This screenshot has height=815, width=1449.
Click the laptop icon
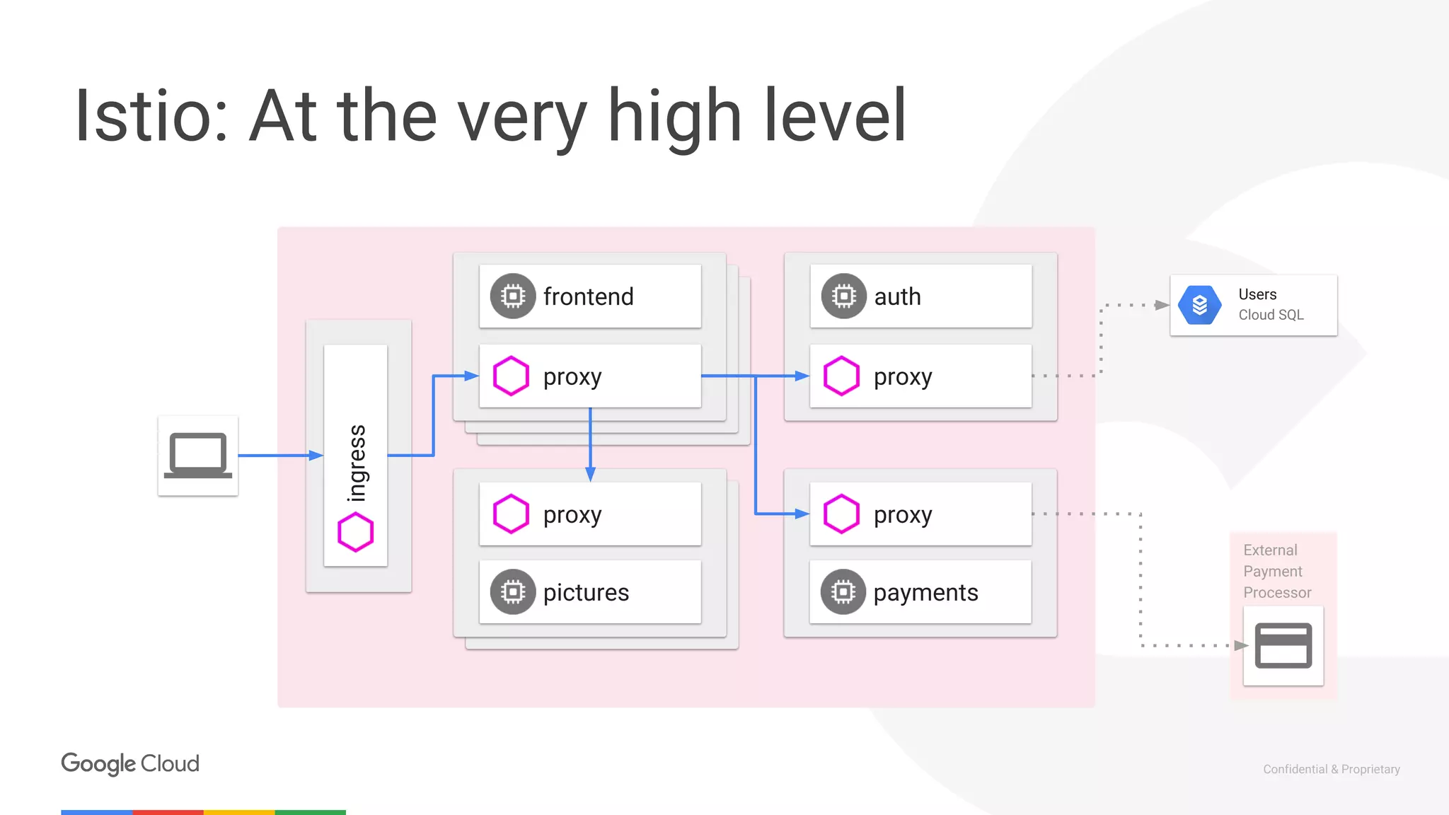(x=198, y=456)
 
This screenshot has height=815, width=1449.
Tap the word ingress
(x=357, y=463)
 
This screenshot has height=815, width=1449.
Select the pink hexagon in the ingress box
(x=355, y=532)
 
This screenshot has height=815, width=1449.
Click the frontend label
(x=588, y=296)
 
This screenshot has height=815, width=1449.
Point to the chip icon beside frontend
(x=513, y=296)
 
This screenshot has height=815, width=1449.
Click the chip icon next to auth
(x=843, y=296)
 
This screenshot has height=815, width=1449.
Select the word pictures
(x=586, y=592)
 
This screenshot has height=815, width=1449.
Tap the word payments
(x=925, y=592)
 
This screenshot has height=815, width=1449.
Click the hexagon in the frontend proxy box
(x=511, y=376)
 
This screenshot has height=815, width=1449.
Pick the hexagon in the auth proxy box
(x=841, y=376)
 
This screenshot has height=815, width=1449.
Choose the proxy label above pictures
(x=572, y=515)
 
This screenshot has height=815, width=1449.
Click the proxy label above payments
(x=903, y=515)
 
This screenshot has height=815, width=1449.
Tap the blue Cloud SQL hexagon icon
(x=1200, y=305)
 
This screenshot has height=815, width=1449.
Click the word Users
(x=1257, y=294)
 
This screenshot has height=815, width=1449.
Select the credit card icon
(x=1283, y=645)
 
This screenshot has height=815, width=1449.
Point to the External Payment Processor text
(x=1277, y=571)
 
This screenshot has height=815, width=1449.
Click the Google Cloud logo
(x=130, y=764)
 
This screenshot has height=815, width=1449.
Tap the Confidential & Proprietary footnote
(x=1332, y=769)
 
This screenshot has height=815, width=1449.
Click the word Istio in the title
(x=151, y=116)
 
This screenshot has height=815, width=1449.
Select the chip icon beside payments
(x=843, y=591)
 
